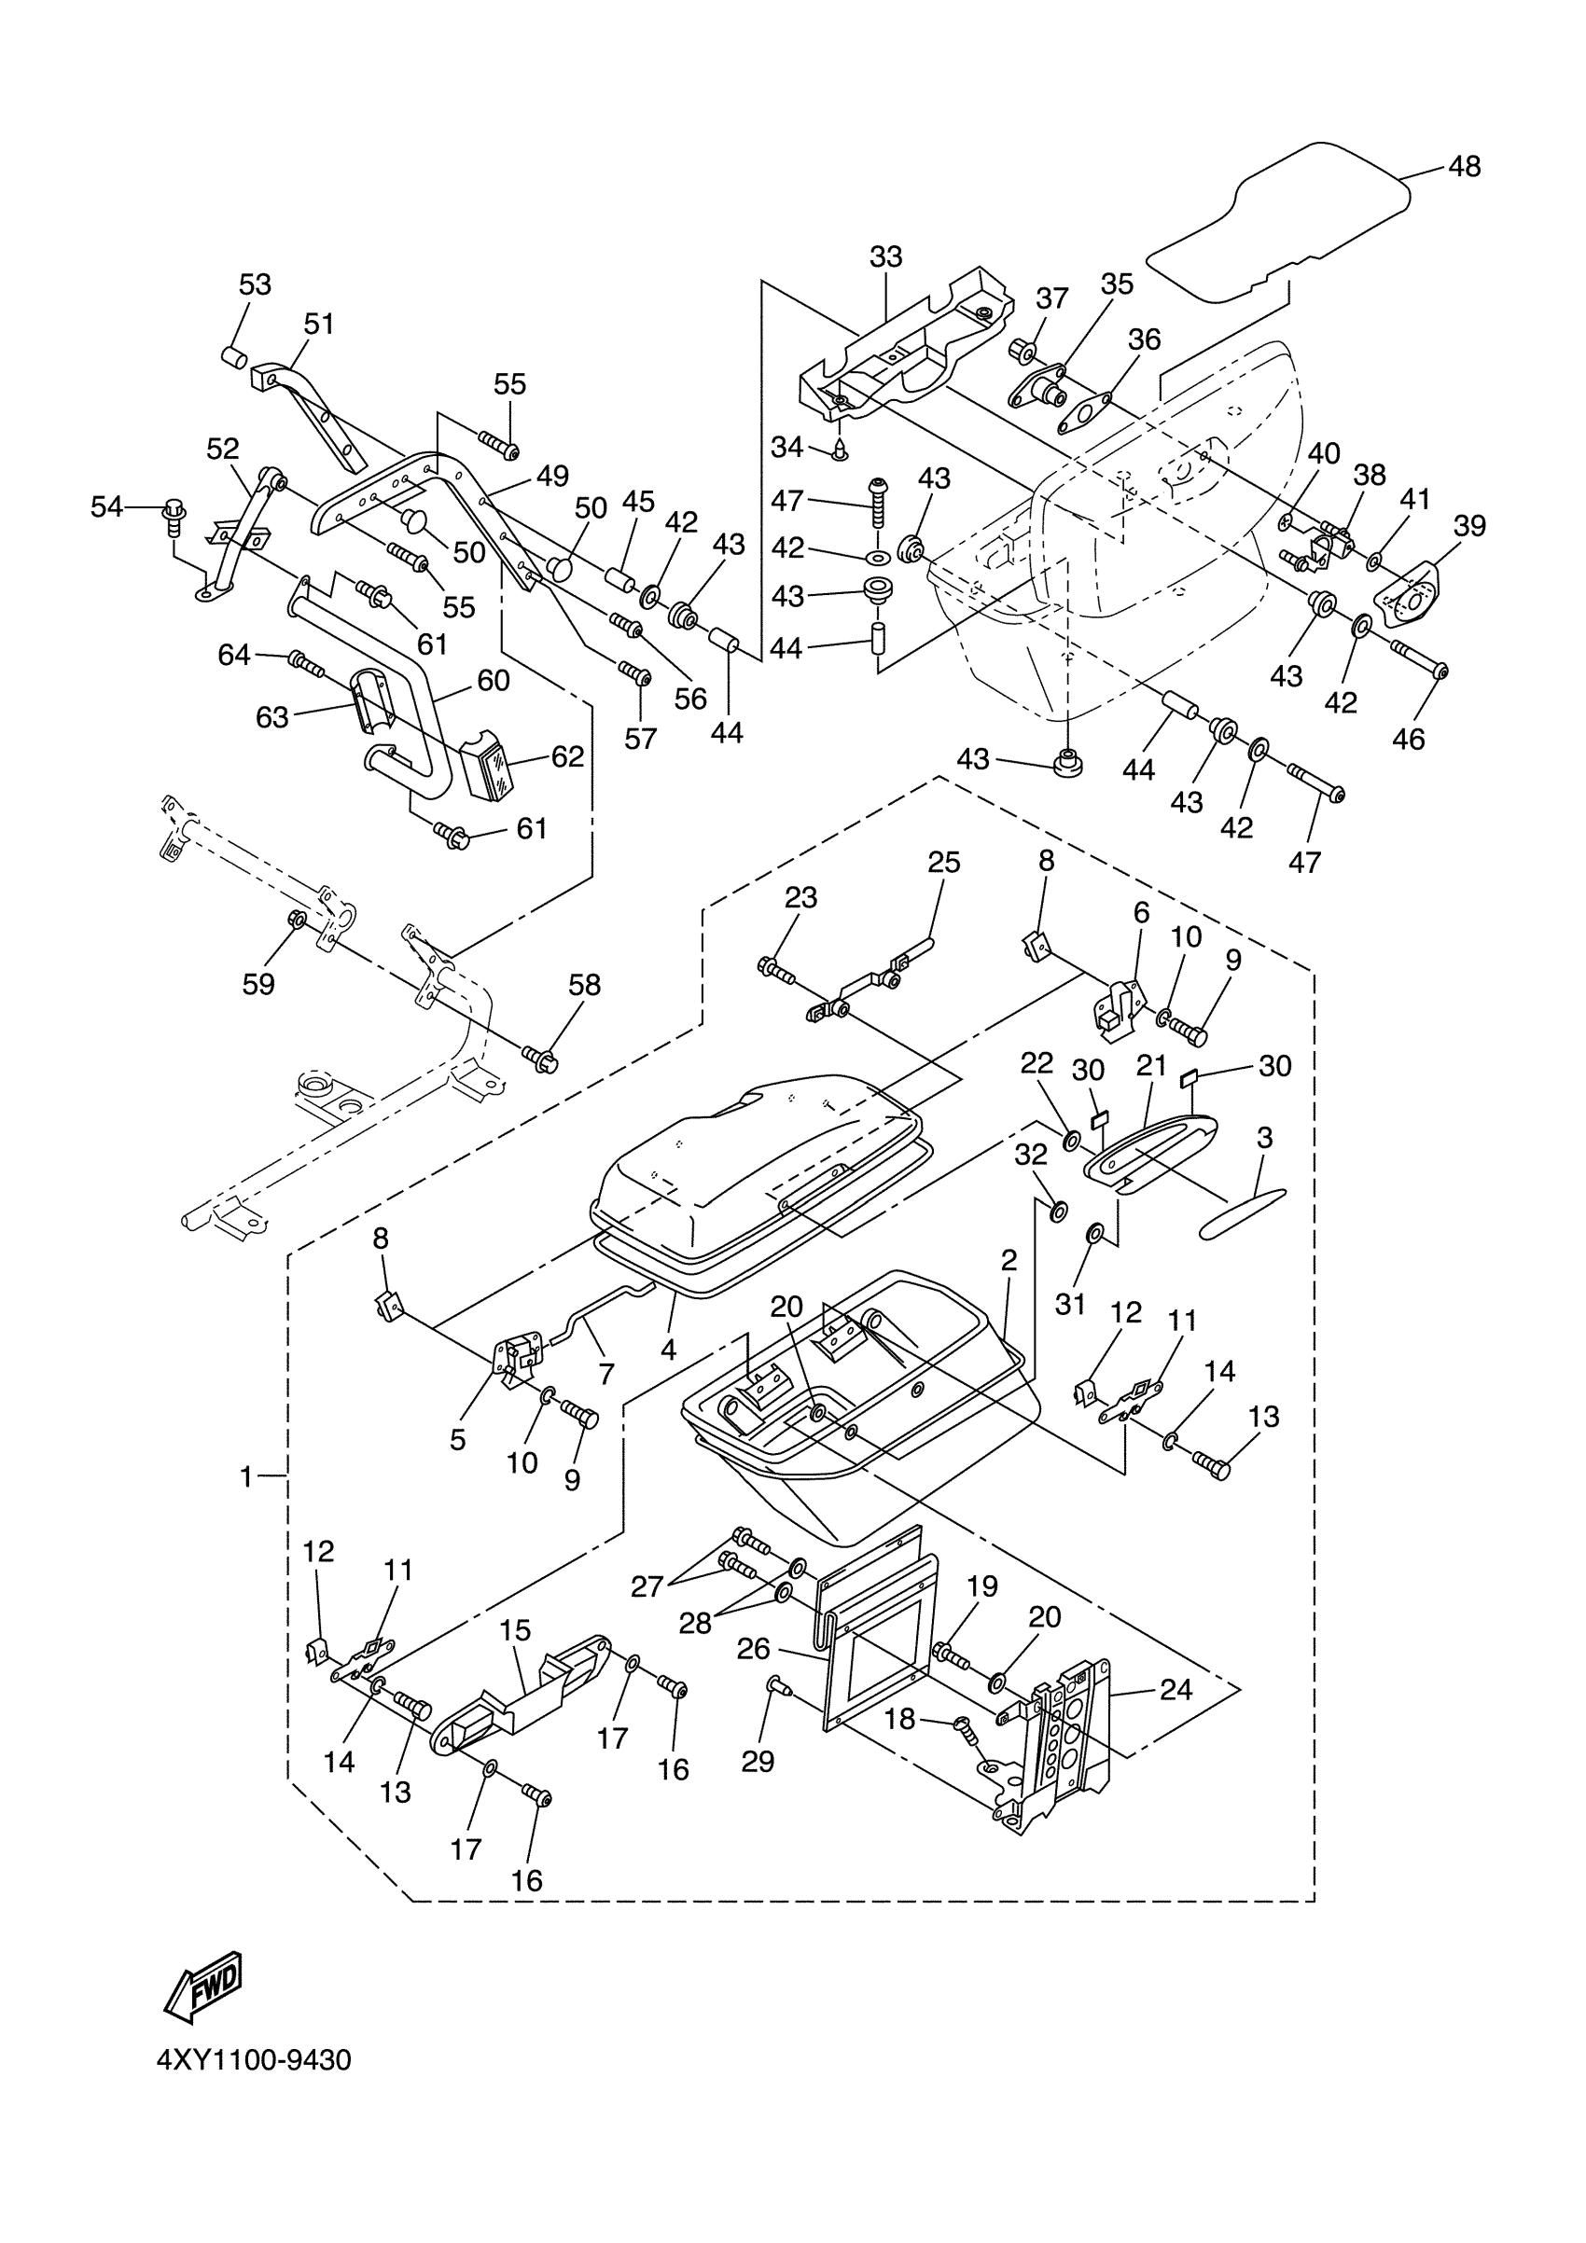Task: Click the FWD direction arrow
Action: pyautogui.click(x=203, y=1987)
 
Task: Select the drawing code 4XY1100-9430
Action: pyautogui.click(x=254, y=2087)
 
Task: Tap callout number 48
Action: pyautogui.click(x=1464, y=167)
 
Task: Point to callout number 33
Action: pyautogui.click(x=885, y=256)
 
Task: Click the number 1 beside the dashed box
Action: pyautogui.click(x=246, y=1477)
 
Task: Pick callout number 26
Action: pyautogui.click(x=753, y=1649)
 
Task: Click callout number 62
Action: pyautogui.click(x=567, y=757)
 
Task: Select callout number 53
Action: pyautogui.click(x=255, y=284)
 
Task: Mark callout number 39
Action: pyautogui.click(x=1468, y=526)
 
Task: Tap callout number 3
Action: pyautogui.click(x=1264, y=1137)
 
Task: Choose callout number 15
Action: pyautogui.click(x=515, y=1630)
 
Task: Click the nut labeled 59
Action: pyautogui.click(x=297, y=921)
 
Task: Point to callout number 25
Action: pyautogui.click(x=944, y=863)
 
